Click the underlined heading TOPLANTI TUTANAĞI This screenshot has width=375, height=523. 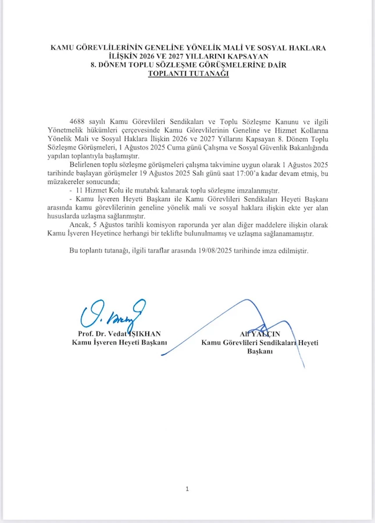(x=187, y=74)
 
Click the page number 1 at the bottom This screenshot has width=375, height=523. (x=187, y=489)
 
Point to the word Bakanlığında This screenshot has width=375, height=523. (x=300, y=148)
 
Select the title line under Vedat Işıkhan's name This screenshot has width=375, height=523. (x=119, y=342)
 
